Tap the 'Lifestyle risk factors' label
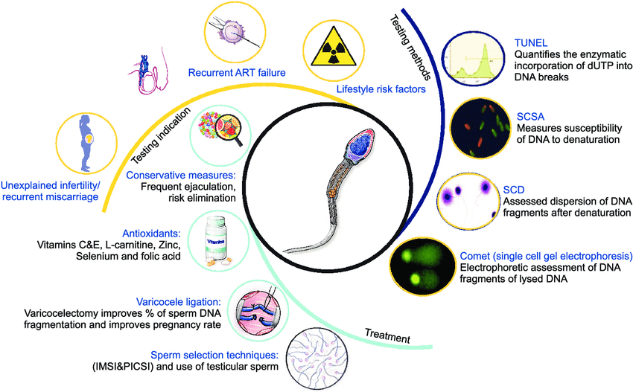(380, 89)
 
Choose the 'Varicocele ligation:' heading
(179, 302)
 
